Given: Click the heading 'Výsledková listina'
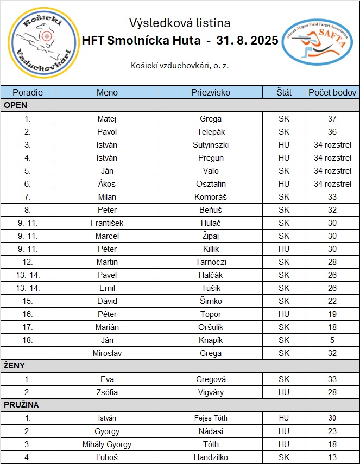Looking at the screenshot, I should coord(180,23).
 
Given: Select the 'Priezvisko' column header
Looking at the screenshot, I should coord(211,92).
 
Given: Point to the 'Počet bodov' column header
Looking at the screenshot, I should coord(332,92).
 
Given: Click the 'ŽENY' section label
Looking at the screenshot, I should coord(15,366).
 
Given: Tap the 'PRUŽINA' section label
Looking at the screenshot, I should coord(21,405).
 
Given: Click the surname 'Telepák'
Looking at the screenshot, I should coord(211,132).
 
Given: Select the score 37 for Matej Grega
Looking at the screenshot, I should coord(332,119).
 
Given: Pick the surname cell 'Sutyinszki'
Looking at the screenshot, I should coord(211,145).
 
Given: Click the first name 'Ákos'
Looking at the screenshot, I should coord(107,184).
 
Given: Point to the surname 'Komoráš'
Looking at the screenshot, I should coord(211,197).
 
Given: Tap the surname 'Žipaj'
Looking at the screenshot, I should coord(211,236).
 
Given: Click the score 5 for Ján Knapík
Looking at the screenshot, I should coord(332,340).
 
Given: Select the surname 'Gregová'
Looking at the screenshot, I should coord(211,379).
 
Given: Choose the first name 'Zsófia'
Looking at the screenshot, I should coord(107,392).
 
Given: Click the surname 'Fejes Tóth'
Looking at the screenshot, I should coord(211,418).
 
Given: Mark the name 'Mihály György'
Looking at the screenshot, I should coord(107,444).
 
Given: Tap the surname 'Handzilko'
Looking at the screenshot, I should coord(211,457).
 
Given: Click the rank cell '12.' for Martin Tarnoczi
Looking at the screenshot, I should coord(28,262).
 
